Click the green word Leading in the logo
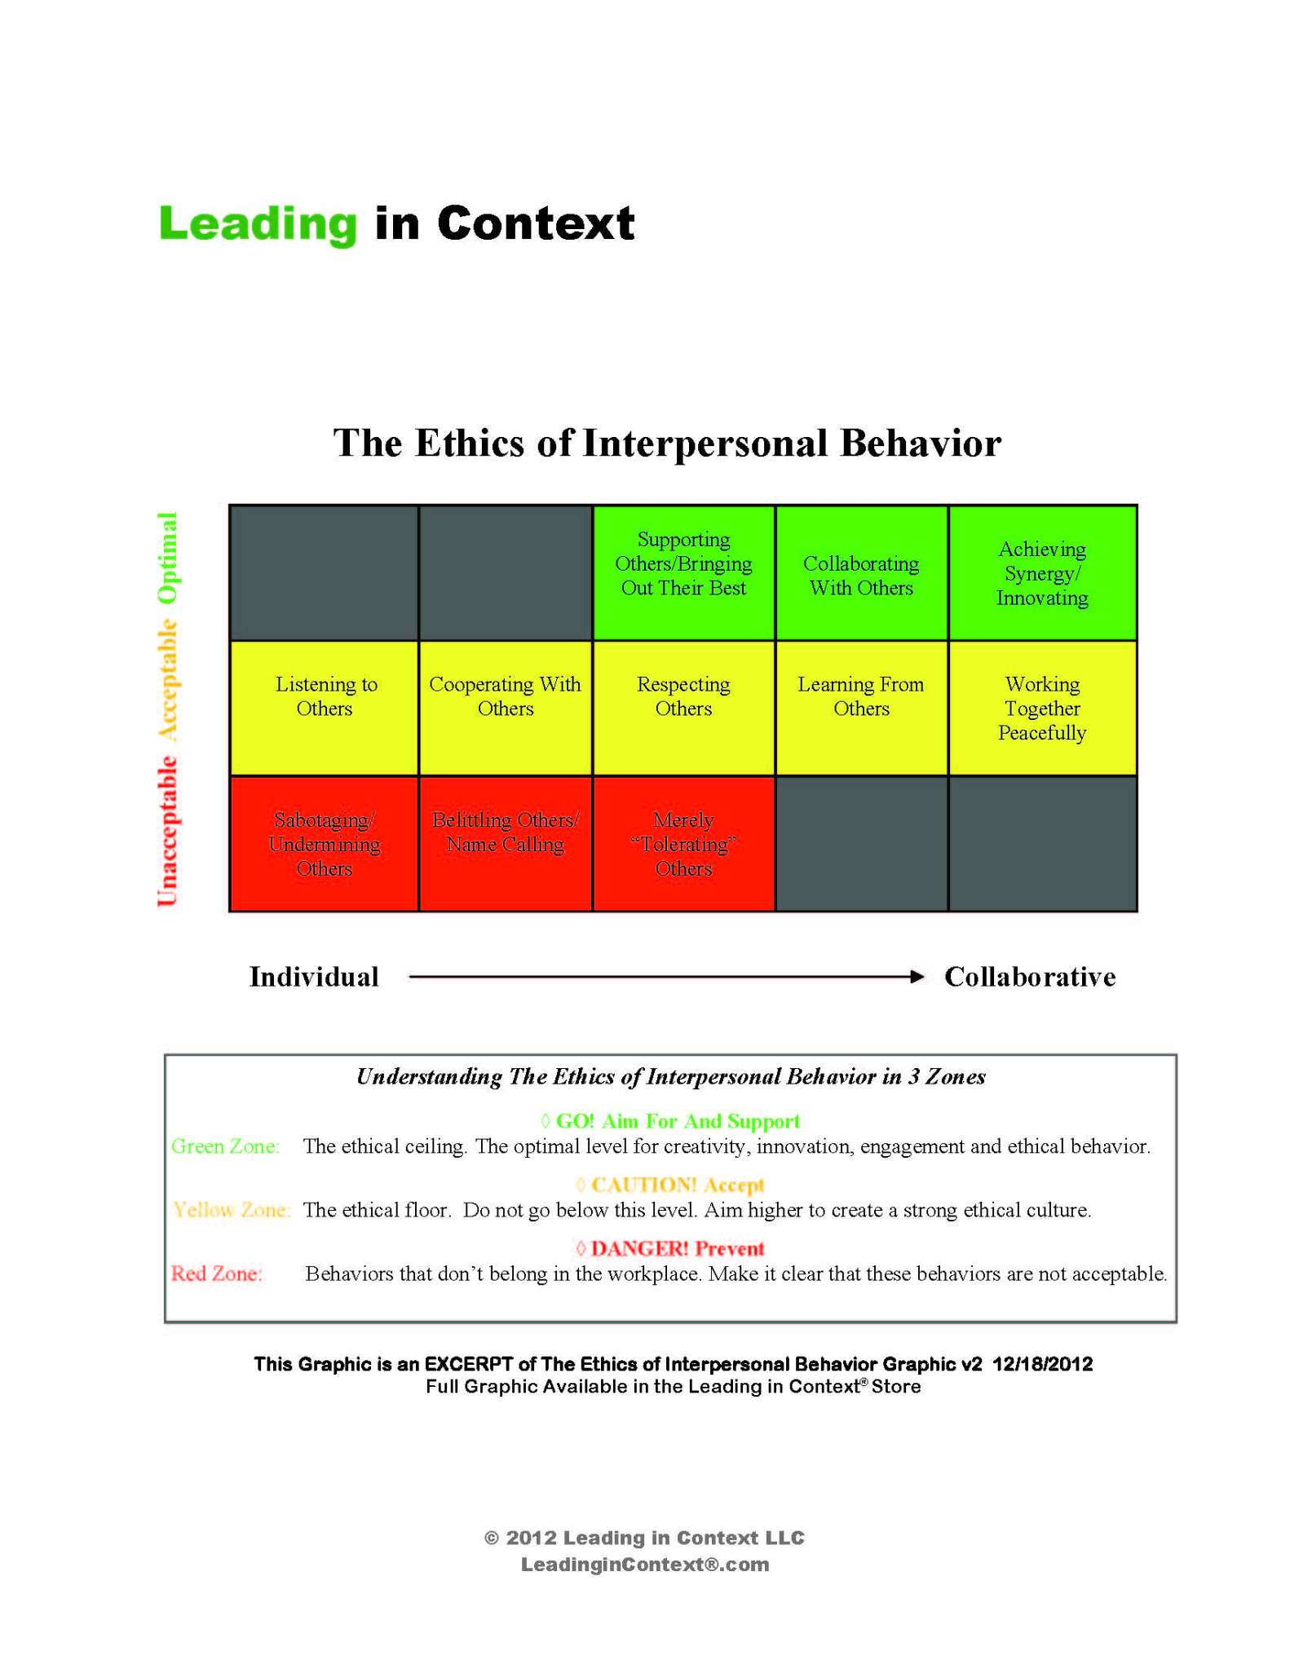pyautogui.click(x=258, y=223)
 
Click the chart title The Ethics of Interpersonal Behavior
pyautogui.click(x=666, y=444)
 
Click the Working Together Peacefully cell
pyautogui.click(x=1041, y=708)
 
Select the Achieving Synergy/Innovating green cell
pyautogui.click(x=1041, y=572)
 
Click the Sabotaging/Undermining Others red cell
pyautogui.click(x=325, y=843)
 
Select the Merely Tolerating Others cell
pyautogui.click(x=683, y=843)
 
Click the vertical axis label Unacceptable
pyautogui.click(x=167, y=830)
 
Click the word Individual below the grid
pyautogui.click(x=314, y=976)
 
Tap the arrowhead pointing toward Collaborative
pyautogui.click(x=917, y=976)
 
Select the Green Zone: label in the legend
pyautogui.click(x=225, y=1146)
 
